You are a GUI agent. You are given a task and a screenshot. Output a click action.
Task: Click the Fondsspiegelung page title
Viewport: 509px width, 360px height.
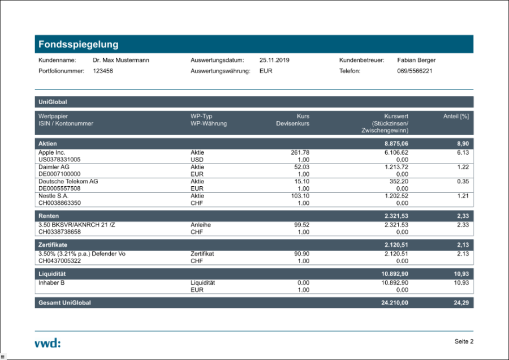tap(78, 44)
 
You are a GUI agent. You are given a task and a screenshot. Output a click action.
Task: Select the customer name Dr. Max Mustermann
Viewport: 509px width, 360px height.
tap(120, 60)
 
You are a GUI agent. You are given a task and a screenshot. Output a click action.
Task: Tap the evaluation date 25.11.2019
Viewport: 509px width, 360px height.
tap(274, 60)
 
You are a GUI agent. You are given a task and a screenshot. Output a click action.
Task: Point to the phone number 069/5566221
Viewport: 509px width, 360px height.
tap(415, 71)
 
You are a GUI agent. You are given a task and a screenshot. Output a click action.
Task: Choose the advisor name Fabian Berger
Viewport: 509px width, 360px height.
tap(416, 60)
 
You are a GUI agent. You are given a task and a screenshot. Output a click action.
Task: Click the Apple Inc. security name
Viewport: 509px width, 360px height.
tap(52, 153)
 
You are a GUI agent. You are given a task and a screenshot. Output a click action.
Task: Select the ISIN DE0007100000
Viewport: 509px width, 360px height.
tap(59, 174)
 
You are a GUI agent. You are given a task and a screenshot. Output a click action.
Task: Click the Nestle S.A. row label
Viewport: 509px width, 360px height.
tap(53, 195)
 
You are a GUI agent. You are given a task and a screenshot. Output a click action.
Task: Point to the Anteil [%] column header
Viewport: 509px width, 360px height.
tap(456, 116)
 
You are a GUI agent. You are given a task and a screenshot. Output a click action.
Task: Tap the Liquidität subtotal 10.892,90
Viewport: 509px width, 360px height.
tap(391, 273)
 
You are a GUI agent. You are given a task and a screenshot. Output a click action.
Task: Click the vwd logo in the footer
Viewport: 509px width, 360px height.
tap(47, 342)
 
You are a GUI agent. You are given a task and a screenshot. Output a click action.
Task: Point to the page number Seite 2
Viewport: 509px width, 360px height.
tap(464, 341)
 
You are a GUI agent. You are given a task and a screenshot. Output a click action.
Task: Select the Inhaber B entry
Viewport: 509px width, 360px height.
tap(51, 282)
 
